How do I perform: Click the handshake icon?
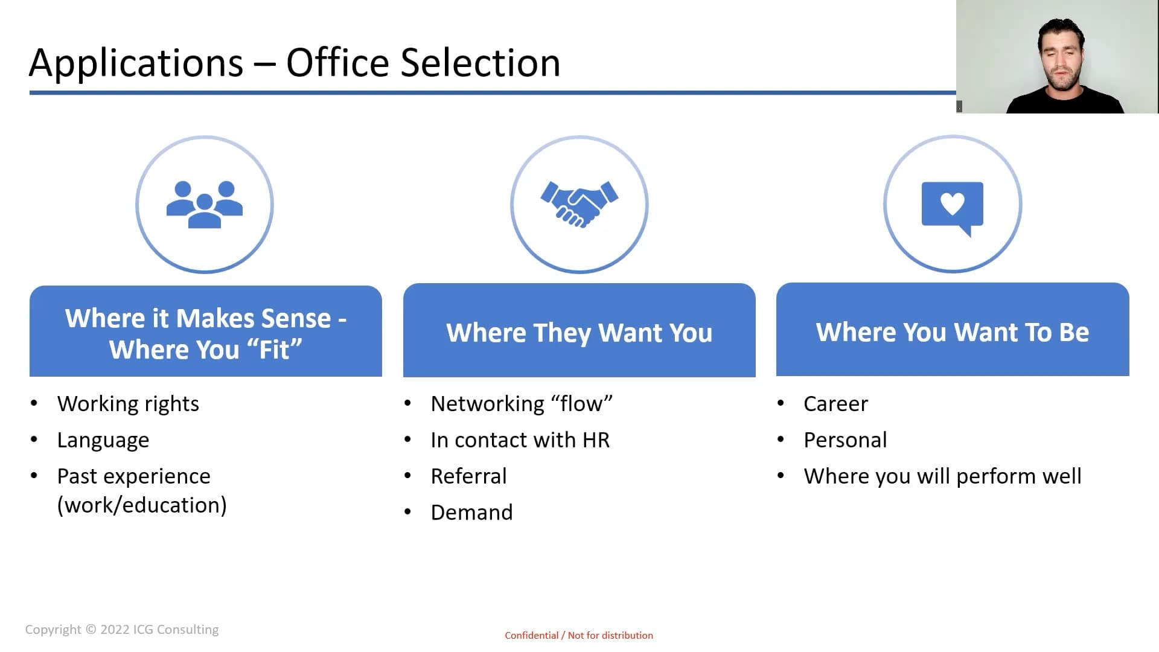pyautogui.click(x=579, y=204)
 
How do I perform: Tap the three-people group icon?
pyautogui.click(x=205, y=205)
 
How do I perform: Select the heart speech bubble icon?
pyautogui.click(x=953, y=208)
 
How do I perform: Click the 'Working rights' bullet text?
pyautogui.click(x=128, y=404)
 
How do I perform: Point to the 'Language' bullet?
pyautogui.click(x=103, y=440)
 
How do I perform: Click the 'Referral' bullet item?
pyautogui.click(x=468, y=476)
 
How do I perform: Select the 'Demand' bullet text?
pyautogui.click(x=471, y=513)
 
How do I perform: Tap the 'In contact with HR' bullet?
pyautogui.click(x=520, y=440)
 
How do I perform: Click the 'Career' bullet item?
pyautogui.click(x=835, y=404)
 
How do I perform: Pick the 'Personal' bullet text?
pyautogui.click(x=845, y=440)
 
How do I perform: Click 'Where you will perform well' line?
pyautogui.click(x=942, y=476)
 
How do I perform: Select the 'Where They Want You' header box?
pyautogui.click(x=579, y=330)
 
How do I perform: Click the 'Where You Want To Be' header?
pyautogui.click(x=953, y=330)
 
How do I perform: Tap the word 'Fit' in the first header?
pyautogui.click(x=275, y=350)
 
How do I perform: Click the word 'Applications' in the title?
pyautogui.click(x=136, y=63)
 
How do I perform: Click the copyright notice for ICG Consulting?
pyautogui.click(x=122, y=630)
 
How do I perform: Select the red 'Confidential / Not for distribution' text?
pyautogui.click(x=579, y=635)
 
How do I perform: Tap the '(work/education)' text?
pyautogui.click(x=142, y=505)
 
